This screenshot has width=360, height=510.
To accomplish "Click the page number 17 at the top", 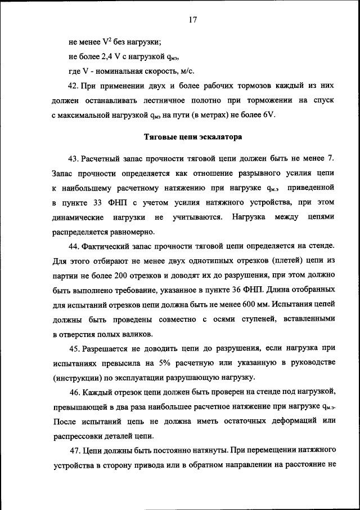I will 192,19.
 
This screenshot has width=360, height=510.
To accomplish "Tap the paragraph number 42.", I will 72,86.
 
